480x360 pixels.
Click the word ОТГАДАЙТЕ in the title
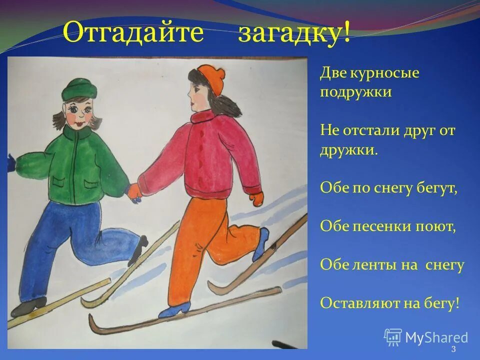point(133,34)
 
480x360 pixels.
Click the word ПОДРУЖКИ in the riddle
point(355,92)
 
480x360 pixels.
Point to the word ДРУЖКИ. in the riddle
point(349,149)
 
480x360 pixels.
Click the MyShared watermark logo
point(426,337)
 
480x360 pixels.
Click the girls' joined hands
point(134,192)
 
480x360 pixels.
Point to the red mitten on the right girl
point(256,197)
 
